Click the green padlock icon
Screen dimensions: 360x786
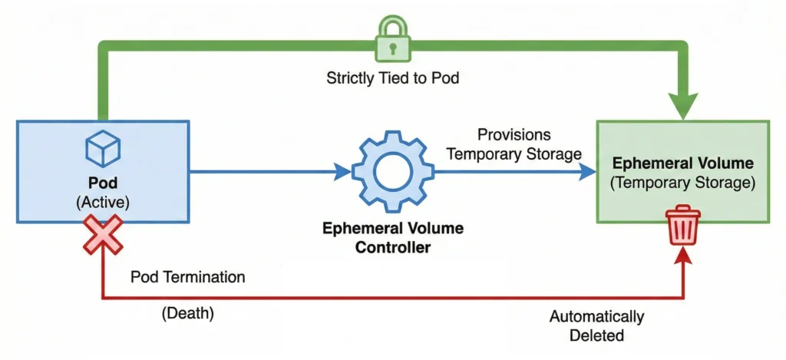pyautogui.click(x=392, y=40)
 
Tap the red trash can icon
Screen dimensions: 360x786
pyautogui.click(x=683, y=225)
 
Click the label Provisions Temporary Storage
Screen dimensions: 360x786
pyautogui.click(x=514, y=144)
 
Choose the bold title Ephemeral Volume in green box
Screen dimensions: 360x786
pyautogui.click(x=682, y=164)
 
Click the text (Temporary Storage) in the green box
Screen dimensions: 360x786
pyautogui.click(x=682, y=183)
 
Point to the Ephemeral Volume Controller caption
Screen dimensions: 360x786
pyautogui.click(x=392, y=238)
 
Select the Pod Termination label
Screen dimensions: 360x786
pyautogui.click(x=188, y=276)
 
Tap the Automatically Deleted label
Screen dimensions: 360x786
pyautogui.click(x=596, y=325)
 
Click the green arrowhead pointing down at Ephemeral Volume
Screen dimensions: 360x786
pyautogui.click(x=682, y=106)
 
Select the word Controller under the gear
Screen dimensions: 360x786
pyautogui.click(x=392, y=247)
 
